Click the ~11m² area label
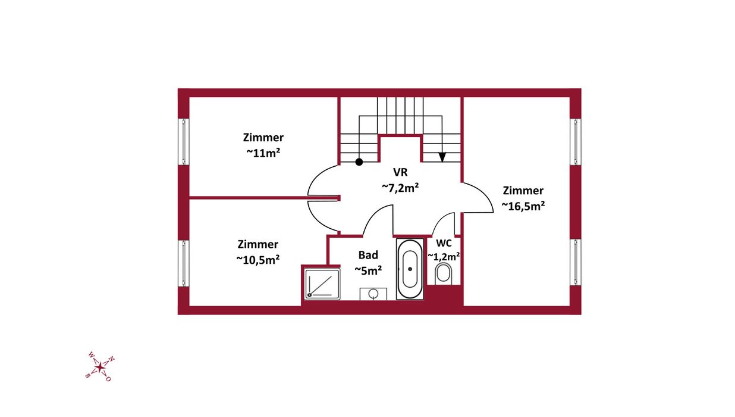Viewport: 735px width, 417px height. pyautogui.click(x=263, y=153)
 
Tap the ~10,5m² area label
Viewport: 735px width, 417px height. pyautogui.click(x=258, y=260)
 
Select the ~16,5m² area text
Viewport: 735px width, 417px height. pyautogui.click(x=523, y=206)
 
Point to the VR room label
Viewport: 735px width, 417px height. pyautogui.click(x=400, y=172)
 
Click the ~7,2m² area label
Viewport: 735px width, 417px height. pyautogui.click(x=400, y=188)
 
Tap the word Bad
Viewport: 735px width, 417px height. pyautogui.click(x=368, y=255)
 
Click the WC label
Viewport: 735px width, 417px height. pyautogui.click(x=444, y=243)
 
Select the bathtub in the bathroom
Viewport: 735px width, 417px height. pyautogui.click(x=410, y=269)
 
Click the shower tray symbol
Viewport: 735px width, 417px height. pyautogui.click(x=322, y=284)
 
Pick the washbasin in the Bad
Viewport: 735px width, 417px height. pyautogui.click(x=373, y=294)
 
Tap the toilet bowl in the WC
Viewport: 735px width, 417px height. pyautogui.click(x=443, y=274)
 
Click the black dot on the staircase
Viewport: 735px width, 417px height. pyautogui.click(x=359, y=162)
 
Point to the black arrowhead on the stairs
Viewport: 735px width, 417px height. pyautogui.click(x=442, y=157)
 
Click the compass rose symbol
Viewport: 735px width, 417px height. pyautogui.click(x=99, y=368)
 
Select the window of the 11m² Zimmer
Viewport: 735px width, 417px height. pyautogui.click(x=184, y=142)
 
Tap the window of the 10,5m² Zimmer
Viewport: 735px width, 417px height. pyautogui.click(x=184, y=263)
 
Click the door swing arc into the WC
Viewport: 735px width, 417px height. pyautogui.click(x=440, y=219)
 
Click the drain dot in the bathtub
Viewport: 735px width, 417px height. pyautogui.click(x=410, y=269)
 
